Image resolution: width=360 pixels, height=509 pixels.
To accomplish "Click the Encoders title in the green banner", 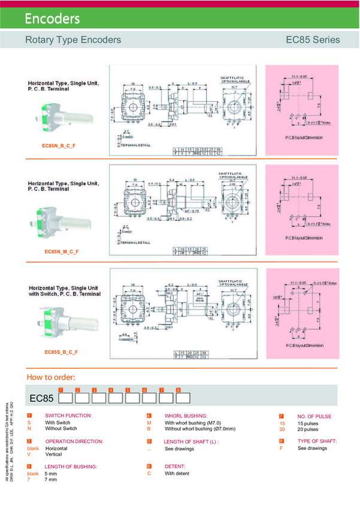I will tap(52, 19).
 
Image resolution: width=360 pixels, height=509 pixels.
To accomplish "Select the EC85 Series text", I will tap(313, 40).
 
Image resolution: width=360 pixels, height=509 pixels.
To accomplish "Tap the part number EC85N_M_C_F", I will tap(62, 252).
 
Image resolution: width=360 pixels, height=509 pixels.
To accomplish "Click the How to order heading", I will tap(51, 377).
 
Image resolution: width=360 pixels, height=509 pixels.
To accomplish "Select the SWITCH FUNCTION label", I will tap(68, 416).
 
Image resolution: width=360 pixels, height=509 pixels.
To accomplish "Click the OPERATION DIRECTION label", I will tap(74, 441).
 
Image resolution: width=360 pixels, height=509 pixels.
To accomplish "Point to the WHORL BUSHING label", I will tap(186, 416).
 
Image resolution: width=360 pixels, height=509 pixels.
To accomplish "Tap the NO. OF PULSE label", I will tap(314, 416).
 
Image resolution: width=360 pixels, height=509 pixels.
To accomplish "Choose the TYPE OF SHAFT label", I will tap(317, 441).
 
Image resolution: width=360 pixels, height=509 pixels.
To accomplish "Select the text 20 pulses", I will tap(308, 429).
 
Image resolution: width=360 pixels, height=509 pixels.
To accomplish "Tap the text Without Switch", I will tap(61, 429).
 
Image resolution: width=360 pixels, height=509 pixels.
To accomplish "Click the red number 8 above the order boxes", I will tap(179, 390).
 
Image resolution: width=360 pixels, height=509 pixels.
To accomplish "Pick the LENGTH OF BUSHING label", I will tap(71, 466).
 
